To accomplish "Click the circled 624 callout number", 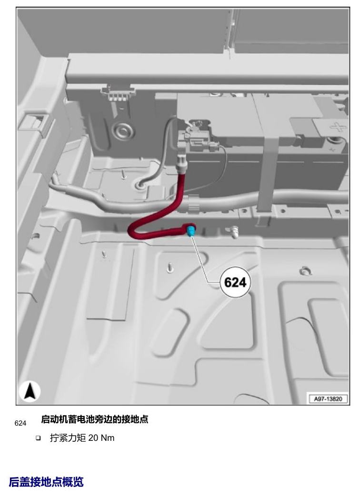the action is pyautogui.click(x=235, y=282).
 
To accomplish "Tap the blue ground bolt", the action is pyautogui.click(x=191, y=230).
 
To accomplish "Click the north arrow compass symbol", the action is pyautogui.click(x=30, y=391).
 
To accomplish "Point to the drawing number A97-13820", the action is pyautogui.click(x=328, y=398).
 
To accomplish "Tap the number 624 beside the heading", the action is pyautogui.click(x=20, y=423).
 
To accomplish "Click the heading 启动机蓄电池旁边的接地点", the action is pyautogui.click(x=94, y=419).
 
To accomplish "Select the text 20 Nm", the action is pyautogui.click(x=101, y=437).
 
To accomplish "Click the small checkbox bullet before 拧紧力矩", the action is pyautogui.click(x=38, y=438).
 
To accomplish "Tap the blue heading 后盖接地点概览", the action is pyautogui.click(x=46, y=482).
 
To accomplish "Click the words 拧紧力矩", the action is pyautogui.click(x=68, y=437).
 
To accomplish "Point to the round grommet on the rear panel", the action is pyautogui.click(x=122, y=129).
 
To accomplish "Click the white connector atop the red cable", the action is pyautogui.click(x=182, y=164).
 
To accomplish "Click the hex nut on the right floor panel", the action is pyautogui.click(x=305, y=270).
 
